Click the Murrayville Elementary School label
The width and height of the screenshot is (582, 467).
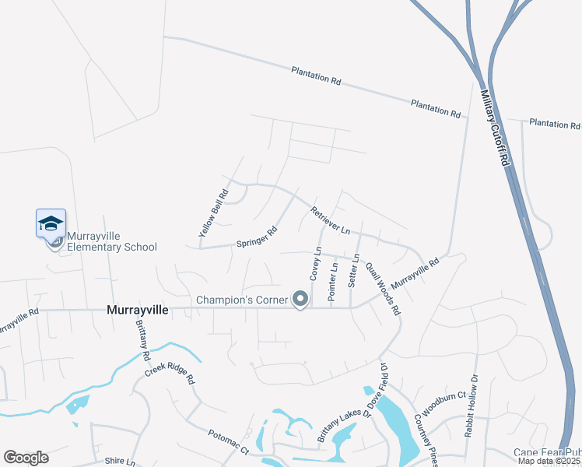tap(112, 241)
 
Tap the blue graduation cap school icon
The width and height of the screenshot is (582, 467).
tap(51, 223)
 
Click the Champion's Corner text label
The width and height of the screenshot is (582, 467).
tap(242, 300)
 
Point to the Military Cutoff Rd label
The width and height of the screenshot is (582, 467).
tap(495, 126)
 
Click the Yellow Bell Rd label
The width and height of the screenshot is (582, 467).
tap(213, 213)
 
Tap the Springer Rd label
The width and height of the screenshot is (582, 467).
tap(257, 238)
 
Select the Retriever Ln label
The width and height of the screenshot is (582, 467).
tap(331, 221)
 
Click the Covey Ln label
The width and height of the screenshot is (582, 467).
tap(316, 263)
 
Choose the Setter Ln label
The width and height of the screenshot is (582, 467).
tap(356, 269)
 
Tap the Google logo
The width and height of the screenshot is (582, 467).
tap(26, 458)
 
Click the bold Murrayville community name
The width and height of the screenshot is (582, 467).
tap(137, 310)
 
